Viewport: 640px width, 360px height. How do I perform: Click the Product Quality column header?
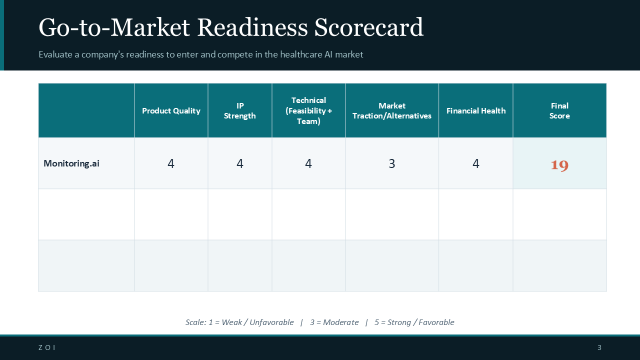coord(171,111)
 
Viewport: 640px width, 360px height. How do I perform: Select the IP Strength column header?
coord(240,111)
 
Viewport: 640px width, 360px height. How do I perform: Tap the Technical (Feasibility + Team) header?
coord(308,111)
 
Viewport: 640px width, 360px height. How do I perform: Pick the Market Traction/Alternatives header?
coord(392,111)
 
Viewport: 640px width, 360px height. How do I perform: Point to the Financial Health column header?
coord(476,111)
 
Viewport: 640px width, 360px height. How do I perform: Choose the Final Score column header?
coord(559,111)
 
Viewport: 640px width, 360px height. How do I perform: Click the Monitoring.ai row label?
coord(71,163)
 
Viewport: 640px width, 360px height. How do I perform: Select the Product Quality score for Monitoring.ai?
coord(171,163)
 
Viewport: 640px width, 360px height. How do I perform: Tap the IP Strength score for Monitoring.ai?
coord(240,163)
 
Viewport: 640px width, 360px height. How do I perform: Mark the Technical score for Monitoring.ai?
coord(308,163)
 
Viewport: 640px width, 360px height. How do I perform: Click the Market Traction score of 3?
coord(392,163)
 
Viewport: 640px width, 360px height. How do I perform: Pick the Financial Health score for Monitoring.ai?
coord(476,163)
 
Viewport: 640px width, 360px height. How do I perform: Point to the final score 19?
coord(559,165)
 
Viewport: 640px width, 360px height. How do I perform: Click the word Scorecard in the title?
coord(368,28)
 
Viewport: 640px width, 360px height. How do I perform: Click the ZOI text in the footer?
coord(47,348)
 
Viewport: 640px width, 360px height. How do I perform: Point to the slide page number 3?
coord(599,348)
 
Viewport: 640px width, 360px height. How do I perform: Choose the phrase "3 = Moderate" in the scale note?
coord(334,322)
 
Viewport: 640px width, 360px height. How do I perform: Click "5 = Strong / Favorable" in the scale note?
coord(414,322)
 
